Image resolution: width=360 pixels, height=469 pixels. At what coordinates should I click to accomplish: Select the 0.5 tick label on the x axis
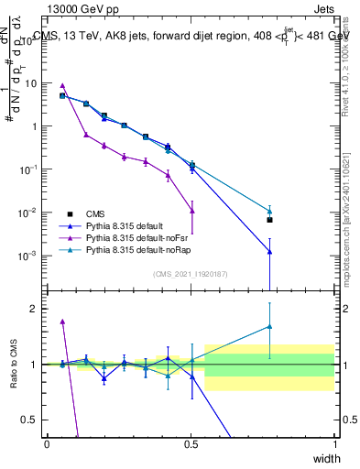(191, 444)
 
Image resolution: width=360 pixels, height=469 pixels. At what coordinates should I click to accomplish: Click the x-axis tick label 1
(334, 444)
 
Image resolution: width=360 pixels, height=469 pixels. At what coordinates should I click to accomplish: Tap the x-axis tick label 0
(47, 444)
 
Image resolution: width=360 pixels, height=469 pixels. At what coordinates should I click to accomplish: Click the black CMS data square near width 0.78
(269, 220)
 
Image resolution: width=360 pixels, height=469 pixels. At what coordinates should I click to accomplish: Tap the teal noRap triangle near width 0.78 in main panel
(269, 211)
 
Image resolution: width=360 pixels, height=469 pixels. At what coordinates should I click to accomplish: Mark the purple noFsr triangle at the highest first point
(62, 85)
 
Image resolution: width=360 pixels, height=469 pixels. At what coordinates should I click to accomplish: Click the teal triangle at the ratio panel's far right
(269, 326)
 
